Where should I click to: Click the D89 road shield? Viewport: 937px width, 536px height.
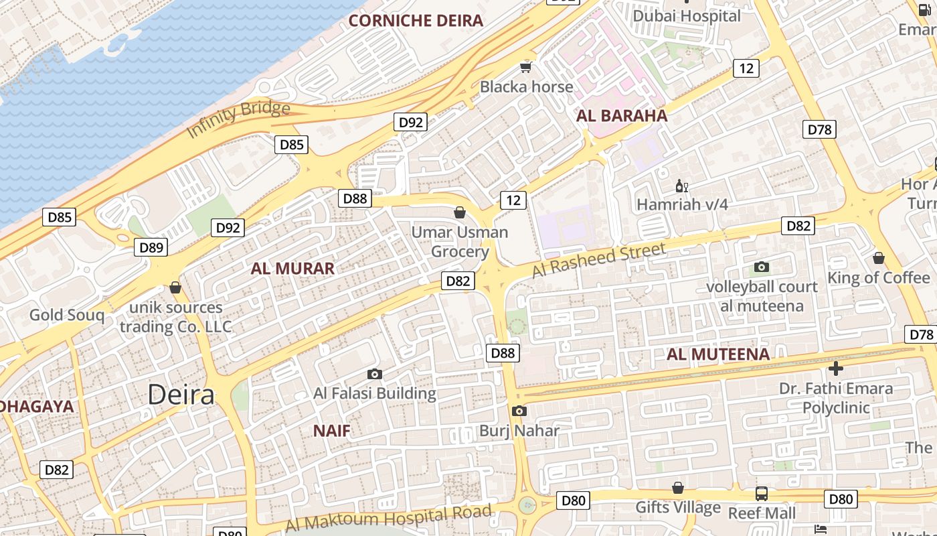click(x=151, y=247)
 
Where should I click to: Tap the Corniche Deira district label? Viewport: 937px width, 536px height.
click(x=416, y=20)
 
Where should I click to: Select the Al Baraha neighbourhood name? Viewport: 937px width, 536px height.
click(x=622, y=115)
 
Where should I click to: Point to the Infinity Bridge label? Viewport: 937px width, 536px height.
click(x=238, y=119)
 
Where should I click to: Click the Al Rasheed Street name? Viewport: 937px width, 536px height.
click(x=599, y=260)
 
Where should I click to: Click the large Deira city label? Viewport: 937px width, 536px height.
click(x=181, y=395)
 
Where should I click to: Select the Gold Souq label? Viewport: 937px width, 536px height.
click(x=67, y=315)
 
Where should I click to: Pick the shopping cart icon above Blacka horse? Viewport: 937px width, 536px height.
click(x=526, y=67)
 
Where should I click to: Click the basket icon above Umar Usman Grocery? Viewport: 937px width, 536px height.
click(x=460, y=213)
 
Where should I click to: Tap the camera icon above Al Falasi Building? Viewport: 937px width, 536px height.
click(x=375, y=374)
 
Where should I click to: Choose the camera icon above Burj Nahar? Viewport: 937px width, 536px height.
click(x=519, y=411)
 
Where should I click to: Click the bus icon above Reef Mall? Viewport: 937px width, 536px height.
click(x=762, y=494)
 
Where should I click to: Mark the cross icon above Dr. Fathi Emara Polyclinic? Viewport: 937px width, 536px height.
click(x=835, y=368)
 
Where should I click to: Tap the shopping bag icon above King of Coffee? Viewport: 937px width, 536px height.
click(x=879, y=258)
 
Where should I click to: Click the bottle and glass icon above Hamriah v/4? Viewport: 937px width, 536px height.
click(x=682, y=186)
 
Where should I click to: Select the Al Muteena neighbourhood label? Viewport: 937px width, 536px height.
click(x=718, y=354)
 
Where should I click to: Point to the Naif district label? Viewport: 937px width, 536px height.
click(x=332, y=431)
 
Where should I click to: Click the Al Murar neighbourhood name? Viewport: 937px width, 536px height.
click(x=292, y=269)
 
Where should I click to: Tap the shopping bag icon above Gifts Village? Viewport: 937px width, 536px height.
click(x=678, y=488)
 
